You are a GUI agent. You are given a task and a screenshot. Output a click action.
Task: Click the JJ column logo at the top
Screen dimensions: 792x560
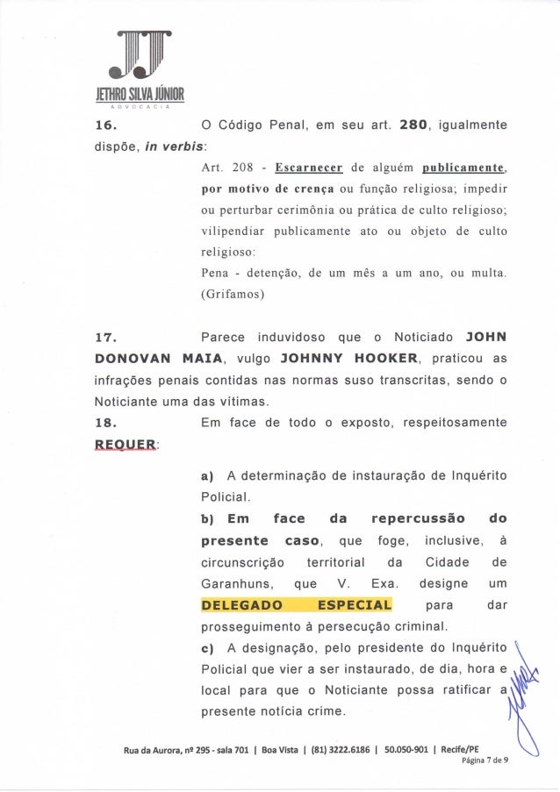[x=140, y=52]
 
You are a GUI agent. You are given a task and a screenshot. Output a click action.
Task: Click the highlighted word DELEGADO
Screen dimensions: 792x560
[x=241, y=604]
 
